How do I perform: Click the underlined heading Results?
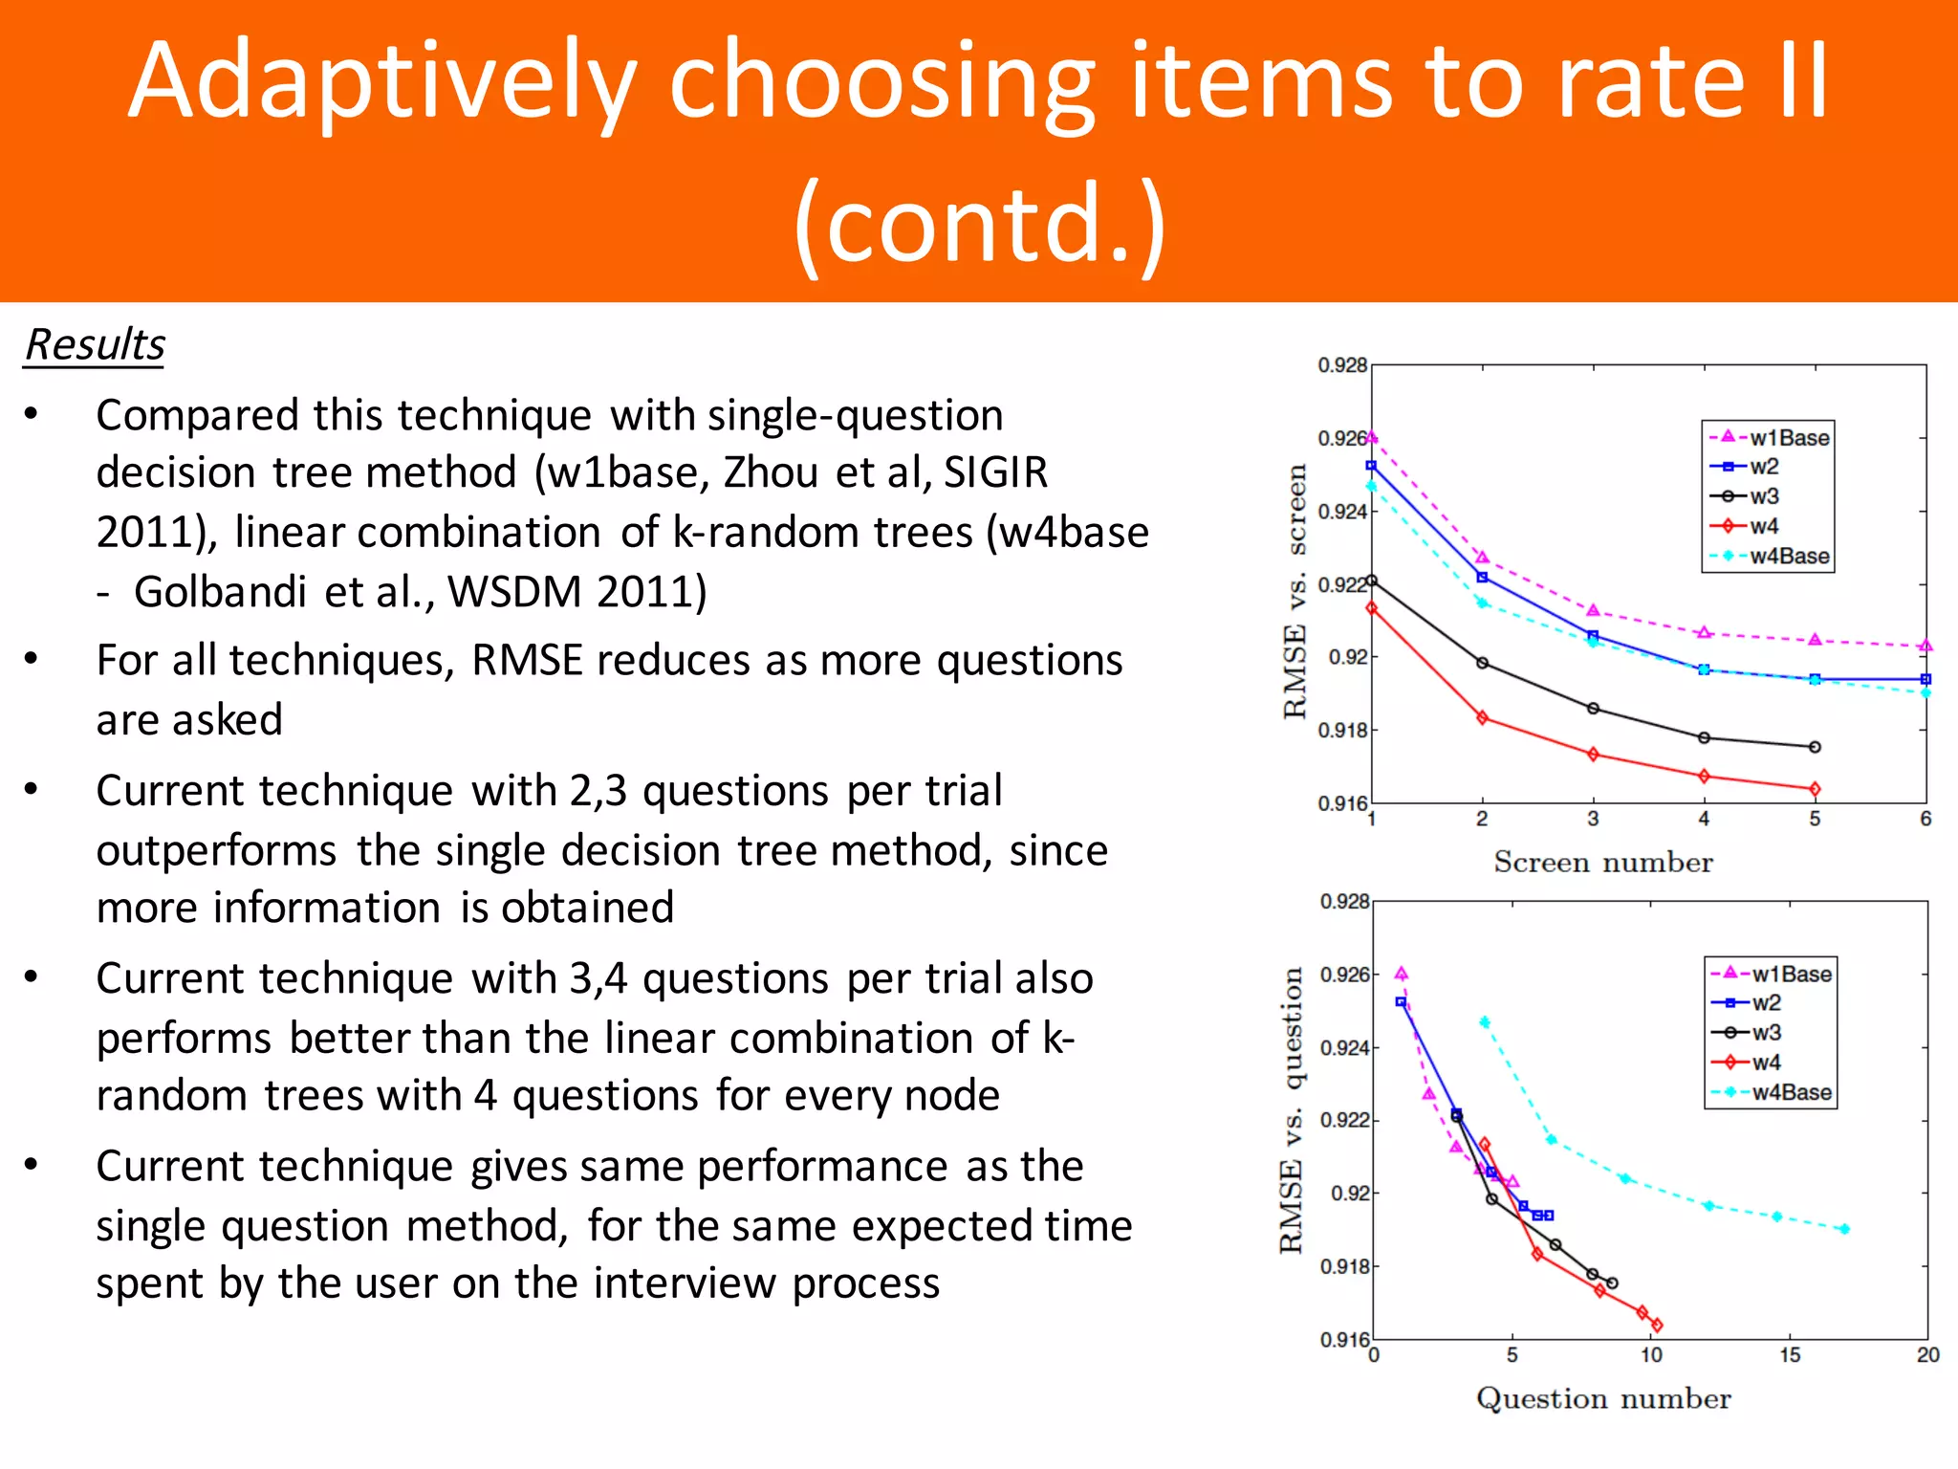[x=95, y=345]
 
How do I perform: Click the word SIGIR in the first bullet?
[x=995, y=472]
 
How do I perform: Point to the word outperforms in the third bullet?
[x=216, y=850]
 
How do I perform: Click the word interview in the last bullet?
[x=685, y=1283]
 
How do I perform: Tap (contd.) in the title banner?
[x=979, y=225]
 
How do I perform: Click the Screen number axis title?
[x=1603, y=863]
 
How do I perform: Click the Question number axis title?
[x=1603, y=1399]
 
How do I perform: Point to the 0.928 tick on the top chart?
[x=1341, y=365]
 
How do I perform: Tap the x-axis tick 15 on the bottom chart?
[x=1790, y=1355]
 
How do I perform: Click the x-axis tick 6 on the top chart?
[x=1925, y=819]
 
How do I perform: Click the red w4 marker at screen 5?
[x=1815, y=789]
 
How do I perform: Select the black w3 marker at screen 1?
[x=1372, y=581]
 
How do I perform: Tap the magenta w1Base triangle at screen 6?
[x=1925, y=647]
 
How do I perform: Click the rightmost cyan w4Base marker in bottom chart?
[x=1844, y=1229]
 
